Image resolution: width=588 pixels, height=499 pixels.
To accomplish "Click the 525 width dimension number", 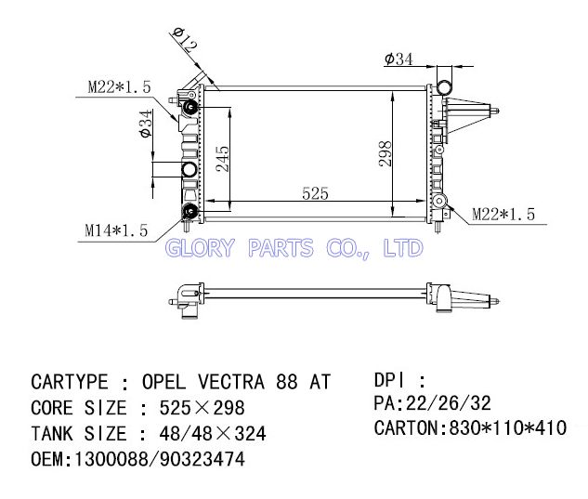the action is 315,193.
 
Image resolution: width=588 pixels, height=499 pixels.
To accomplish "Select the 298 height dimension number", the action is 385,153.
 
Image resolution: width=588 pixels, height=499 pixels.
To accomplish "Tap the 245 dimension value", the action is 222,159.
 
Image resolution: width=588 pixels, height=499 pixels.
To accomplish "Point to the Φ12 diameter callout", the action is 185,39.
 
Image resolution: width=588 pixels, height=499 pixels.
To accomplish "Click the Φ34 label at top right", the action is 399,59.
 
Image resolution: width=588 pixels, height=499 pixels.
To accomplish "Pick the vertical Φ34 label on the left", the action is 146,124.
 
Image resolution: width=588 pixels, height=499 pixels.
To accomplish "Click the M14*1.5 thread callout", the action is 116,230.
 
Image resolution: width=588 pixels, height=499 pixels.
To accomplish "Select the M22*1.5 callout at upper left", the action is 119,87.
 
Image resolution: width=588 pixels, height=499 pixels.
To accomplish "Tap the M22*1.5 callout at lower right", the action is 503,215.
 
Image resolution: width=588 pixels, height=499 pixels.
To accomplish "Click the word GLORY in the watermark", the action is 200,248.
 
